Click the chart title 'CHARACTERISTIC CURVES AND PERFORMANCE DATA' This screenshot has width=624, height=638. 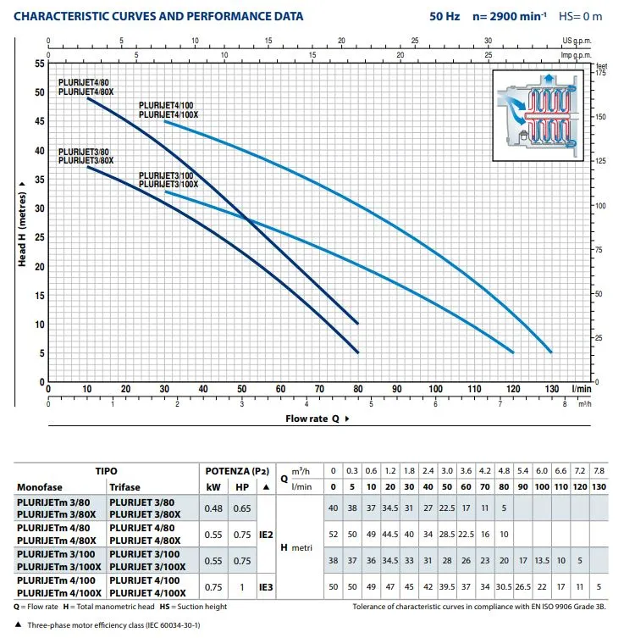pos(158,16)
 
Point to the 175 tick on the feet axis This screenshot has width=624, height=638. pos(601,74)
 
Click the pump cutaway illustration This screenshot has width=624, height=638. pos(539,114)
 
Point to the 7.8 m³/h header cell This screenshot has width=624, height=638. pos(599,470)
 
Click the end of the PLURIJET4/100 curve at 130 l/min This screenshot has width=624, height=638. pos(551,352)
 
